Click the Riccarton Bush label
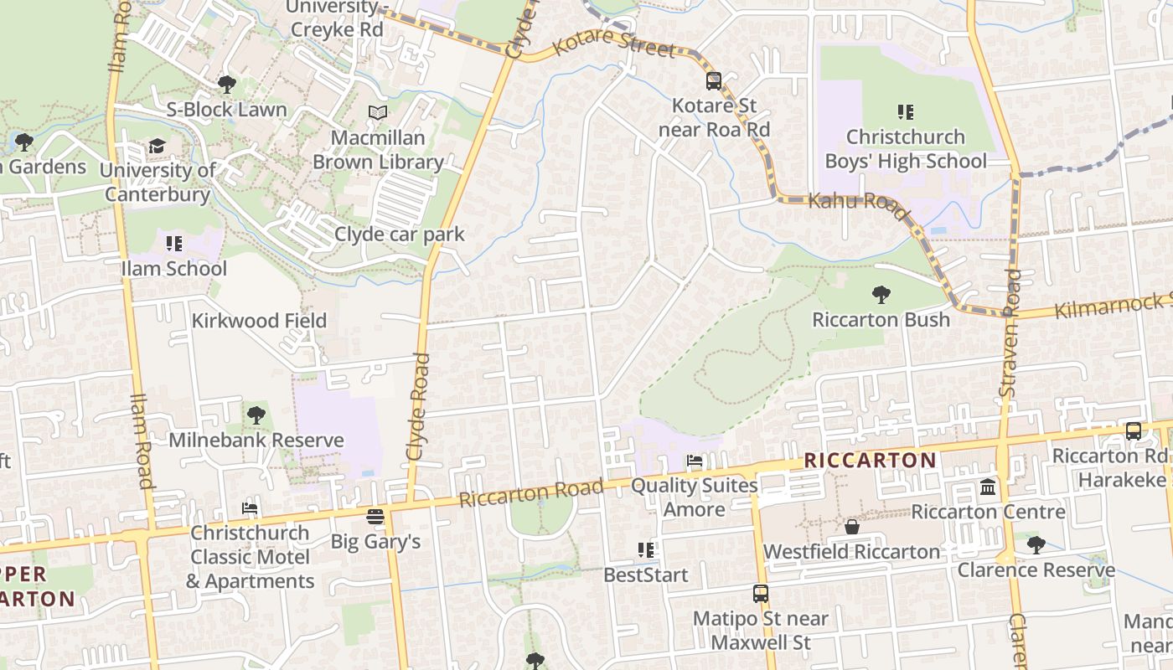pos(881,320)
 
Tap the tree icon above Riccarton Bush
pos(881,294)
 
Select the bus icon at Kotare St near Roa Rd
pos(714,81)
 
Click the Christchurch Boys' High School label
pos(906,149)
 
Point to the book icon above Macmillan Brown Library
pos(378,112)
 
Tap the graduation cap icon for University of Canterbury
pos(157,147)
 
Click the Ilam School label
pos(174,269)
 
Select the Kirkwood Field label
pos(259,321)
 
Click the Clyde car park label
pos(399,234)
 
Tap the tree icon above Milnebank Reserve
pos(256,415)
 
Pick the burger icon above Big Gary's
pos(375,516)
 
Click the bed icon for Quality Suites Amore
pos(694,461)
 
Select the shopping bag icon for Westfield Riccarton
pos(851,527)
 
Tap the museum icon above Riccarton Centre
pos(988,487)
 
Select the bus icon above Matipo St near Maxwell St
pos(761,594)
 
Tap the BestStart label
pos(646,575)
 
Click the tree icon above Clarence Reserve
pos(1036,545)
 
